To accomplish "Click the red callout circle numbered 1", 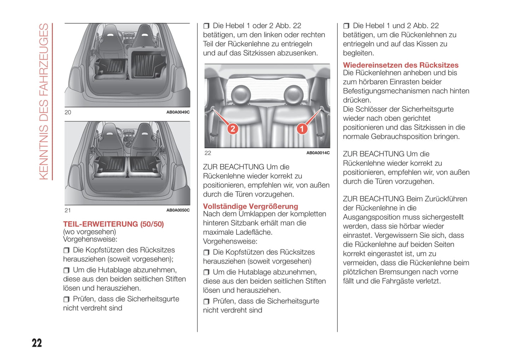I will tap(302, 129).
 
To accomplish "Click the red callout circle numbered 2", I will tap(233, 129).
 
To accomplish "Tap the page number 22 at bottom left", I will tap(37, 343).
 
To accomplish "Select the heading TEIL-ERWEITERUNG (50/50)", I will tap(113, 224).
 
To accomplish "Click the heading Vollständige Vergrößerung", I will tap(250, 206).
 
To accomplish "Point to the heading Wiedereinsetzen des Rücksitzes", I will tap(400, 65).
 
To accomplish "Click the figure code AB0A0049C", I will tap(178, 112).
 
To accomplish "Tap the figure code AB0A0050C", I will tap(178, 210).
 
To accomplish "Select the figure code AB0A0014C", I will tap(318, 153).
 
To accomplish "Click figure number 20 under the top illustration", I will tap(68, 112).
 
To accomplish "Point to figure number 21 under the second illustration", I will tap(68, 210).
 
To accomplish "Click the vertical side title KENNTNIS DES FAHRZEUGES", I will tap(44, 101).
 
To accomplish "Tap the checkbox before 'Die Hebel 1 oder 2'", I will tap(206, 26).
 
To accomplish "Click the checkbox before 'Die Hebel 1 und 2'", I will tap(346, 26).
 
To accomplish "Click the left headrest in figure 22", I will tap(241, 94).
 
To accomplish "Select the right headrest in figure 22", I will tap(294, 94).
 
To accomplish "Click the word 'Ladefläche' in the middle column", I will tap(254, 232).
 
